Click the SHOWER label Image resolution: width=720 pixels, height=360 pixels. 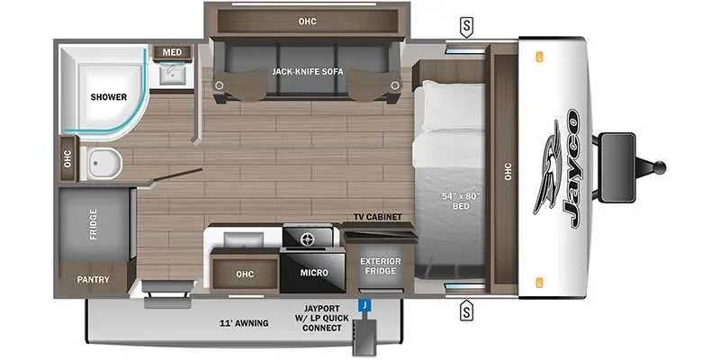tap(108, 97)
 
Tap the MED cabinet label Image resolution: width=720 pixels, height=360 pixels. tap(172, 52)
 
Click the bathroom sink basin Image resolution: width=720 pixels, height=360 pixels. tap(173, 74)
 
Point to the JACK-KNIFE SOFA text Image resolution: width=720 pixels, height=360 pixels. tap(307, 72)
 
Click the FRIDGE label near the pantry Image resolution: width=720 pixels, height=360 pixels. tap(94, 224)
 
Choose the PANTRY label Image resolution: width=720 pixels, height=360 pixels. tap(94, 279)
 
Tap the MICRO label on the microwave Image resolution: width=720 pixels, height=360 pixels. tap(314, 273)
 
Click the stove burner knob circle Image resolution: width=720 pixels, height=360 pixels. tap(307, 238)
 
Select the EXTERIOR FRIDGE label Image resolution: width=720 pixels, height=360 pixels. tap(380, 265)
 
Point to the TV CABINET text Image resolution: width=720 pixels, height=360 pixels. tap(377, 217)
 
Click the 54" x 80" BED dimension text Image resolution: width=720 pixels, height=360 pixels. tap(461, 201)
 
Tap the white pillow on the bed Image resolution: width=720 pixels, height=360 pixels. tap(454, 106)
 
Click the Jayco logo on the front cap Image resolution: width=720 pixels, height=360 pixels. tap(558, 168)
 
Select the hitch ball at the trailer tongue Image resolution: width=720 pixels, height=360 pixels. tap(660, 166)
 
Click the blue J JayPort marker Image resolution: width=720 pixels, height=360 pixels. tap(364, 305)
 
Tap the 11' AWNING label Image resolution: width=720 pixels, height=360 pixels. tap(244, 323)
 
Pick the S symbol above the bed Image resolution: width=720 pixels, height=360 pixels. tap(466, 29)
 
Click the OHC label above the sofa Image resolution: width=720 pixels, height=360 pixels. tap(307, 22)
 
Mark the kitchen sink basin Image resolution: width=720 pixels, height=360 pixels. tap(244, 239)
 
